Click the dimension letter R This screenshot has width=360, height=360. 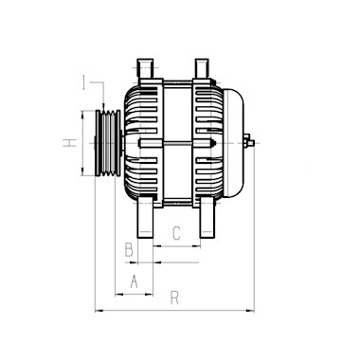[x=174, y=297]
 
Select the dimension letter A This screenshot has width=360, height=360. [x=135, y=281]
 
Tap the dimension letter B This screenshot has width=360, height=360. [x=129, y=249]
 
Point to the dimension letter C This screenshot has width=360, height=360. [x=176, y=233]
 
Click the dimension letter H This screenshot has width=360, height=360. [x=70, y=143]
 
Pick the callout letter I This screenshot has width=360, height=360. [x=83, y=82]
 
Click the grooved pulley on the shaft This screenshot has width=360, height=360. [x=108, y=143]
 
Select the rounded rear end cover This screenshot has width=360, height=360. [x=234, y=143]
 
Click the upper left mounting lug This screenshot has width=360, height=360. [x=145, y=68]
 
